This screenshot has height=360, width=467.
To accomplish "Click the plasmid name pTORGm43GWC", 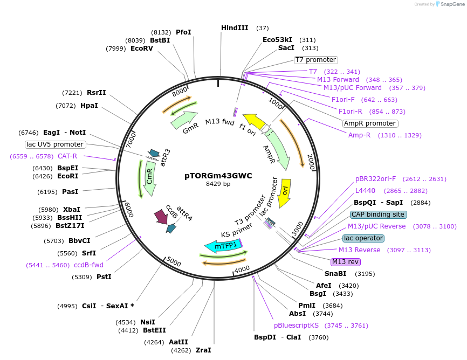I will (218, 176).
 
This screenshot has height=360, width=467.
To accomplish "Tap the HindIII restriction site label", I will (235, 28).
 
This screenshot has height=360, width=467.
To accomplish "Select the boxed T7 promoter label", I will (315, 60).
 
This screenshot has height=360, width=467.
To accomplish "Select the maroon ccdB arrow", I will (161, 217).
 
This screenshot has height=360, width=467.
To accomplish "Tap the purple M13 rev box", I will (345, 262).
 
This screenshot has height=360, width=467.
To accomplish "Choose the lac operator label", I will (363, 238).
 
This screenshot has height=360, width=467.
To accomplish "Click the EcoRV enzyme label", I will (142, 49).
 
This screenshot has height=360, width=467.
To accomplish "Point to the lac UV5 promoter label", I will (55, 144).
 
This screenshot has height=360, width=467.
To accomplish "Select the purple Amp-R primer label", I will (359, 135).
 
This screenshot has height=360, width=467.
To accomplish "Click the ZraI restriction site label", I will (203, 350).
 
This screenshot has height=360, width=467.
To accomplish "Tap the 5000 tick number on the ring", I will (173, 262).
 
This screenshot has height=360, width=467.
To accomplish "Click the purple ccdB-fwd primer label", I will (88, 265).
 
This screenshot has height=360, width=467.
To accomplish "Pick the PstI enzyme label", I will (104, 277).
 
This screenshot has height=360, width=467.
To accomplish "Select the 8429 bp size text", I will (218, 184).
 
